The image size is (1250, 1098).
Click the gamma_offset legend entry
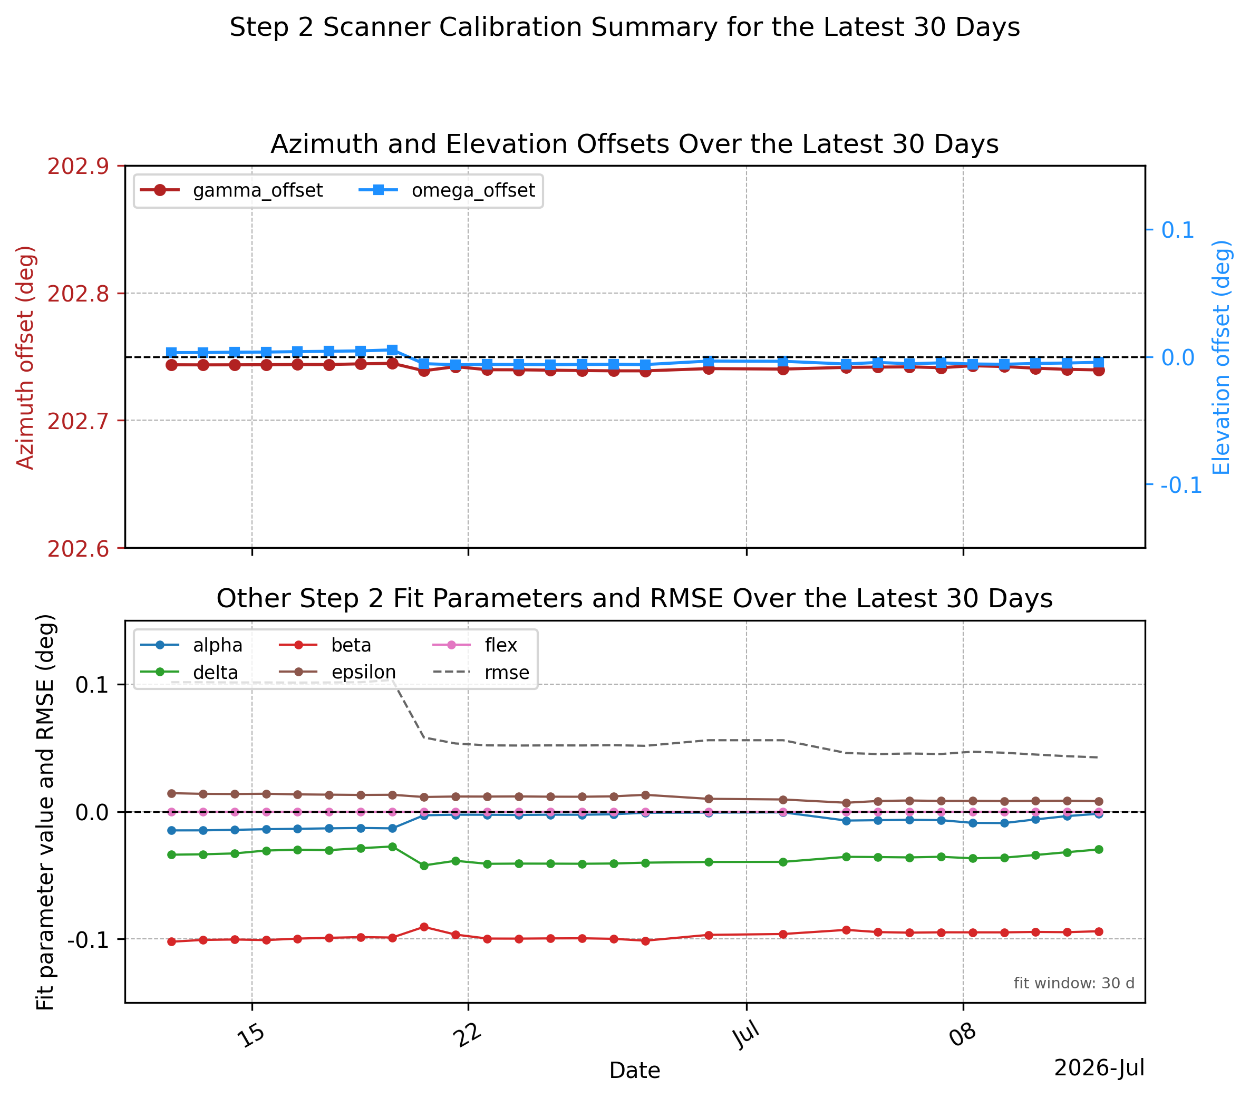tap(231, 191)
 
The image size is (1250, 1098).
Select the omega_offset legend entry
tap(447, 191)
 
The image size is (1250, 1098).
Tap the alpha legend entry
tap(191, 645)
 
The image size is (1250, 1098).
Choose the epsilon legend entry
tap(337, 673)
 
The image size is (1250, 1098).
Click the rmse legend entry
tap(481, 673)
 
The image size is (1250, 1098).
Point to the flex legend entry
tap(475, 645)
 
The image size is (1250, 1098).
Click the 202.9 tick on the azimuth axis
tap(78, 166)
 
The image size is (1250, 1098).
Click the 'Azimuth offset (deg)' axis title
tap(25, 357)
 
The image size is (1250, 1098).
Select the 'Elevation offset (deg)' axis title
tap(1221, 357)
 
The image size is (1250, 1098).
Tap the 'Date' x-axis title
tap(635, 1071)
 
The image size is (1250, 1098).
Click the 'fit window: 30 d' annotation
tap(1074, 984)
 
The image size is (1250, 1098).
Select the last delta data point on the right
tap(1098, 850)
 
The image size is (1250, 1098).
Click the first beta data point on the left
tap(172, 942)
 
